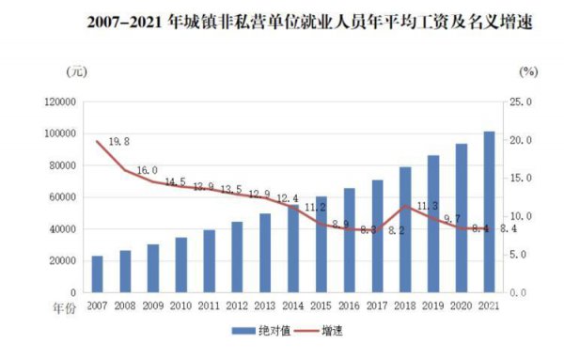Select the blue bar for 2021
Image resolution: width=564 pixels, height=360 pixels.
coord(489,211)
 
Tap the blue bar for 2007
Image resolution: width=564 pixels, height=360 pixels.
coord(97,274)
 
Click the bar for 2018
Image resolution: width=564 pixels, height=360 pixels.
coord(405,229)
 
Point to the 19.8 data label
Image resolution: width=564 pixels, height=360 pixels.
coord(119,142)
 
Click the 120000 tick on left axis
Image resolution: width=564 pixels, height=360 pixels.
coord(59,102)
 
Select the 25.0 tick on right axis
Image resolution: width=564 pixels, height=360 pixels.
coord(520,102)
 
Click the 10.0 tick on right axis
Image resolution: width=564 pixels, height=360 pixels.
coord(520,216)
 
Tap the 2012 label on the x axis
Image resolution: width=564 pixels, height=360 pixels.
coord(237,305)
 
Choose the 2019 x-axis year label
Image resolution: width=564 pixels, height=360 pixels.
coord(433,305)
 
